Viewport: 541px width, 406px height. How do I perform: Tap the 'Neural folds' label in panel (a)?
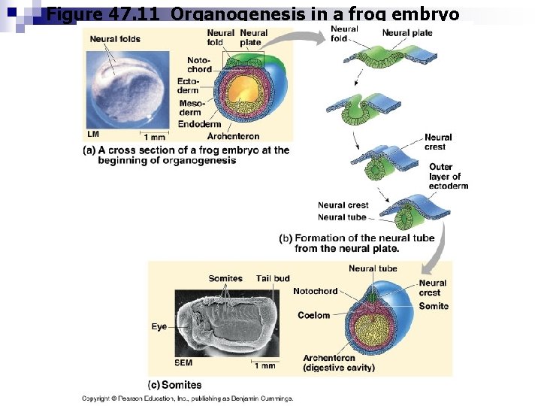point(115,39)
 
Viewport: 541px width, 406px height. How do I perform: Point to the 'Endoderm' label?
point(199,124)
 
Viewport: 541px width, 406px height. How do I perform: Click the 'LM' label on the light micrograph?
point(93,133)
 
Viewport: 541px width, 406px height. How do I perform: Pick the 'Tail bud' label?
point(273,278)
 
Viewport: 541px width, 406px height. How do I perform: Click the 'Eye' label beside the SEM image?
point(159,327)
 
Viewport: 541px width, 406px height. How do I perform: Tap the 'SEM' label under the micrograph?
point(183,362)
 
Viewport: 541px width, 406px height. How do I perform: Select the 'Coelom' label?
point(313,315)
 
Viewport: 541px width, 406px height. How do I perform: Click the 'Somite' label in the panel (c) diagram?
point(434,306)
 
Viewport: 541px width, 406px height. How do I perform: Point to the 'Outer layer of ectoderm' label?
point(448,177)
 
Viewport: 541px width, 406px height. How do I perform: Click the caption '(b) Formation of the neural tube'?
point(356,243)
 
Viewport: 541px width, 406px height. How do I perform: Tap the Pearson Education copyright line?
point(187,398)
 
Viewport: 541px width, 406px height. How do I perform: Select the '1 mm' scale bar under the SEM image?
point(264,365)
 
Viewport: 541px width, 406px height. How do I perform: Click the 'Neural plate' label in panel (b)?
point(407,33)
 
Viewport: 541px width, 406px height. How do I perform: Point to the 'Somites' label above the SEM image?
point(225,278)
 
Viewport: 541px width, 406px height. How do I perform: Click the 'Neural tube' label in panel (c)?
point(373,268)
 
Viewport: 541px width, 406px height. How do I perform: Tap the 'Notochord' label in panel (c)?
point(316,291)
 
